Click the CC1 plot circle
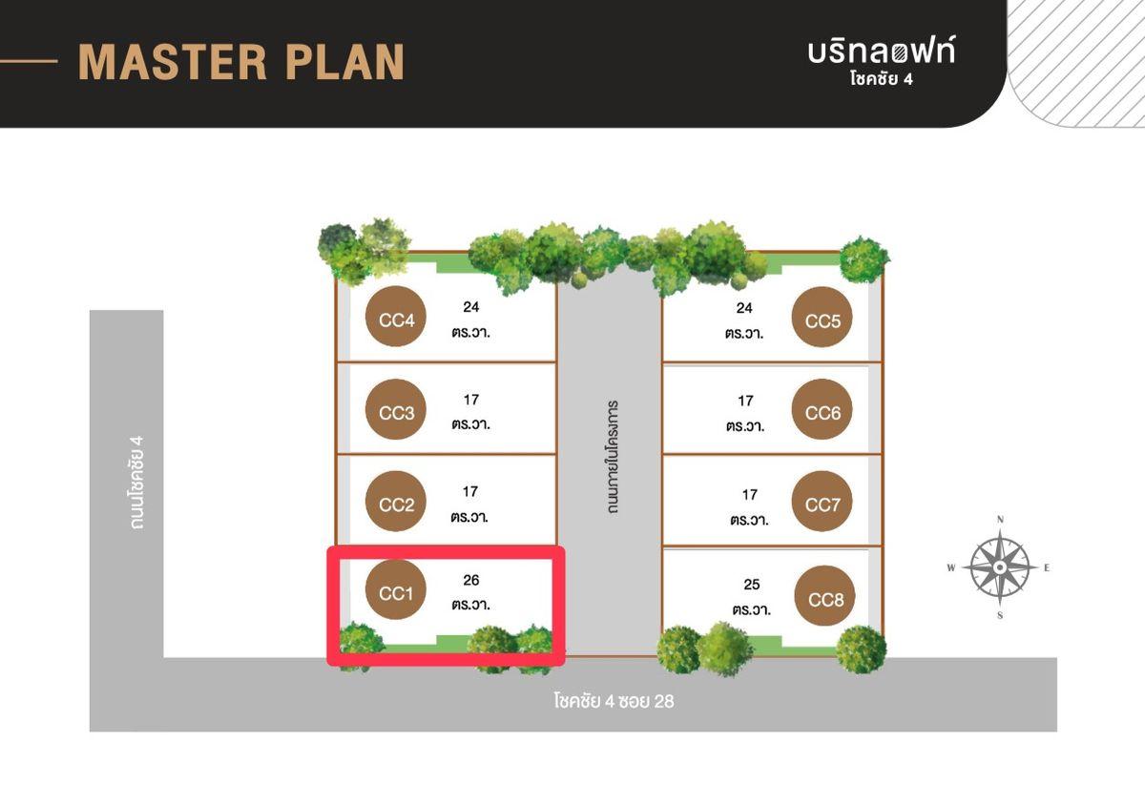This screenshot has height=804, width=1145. pyautogui.click(x=396, y=590)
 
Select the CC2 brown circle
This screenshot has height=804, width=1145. pyautogui.click(x=396, y=501)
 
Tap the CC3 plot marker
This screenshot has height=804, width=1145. pyautogui.click(x=396, y=409)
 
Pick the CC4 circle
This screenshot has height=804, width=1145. pyautogui.click(x=396, y=317)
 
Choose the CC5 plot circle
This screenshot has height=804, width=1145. pyautogui.click(x=822, y=318)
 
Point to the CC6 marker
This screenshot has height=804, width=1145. pyautogui.click(x=822, y=409)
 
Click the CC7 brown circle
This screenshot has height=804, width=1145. pyautogui.click(x=822, y=501)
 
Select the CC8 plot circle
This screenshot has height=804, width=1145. pyautogui.click(x=824, y=595)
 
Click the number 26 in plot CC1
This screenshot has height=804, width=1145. pyautogui.click(x=470, y=580)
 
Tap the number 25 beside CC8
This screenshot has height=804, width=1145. pyautogui.click(x=752, y=585)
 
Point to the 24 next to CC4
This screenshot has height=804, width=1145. pyautogui.click(x=470, y=307)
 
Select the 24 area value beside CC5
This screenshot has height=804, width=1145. pyautogui.click(x=744, y=308)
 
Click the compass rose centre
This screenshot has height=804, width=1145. pyautogui.click(x=1000, y=567)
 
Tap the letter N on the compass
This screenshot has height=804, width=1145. pyautogui.click(x=1000, y=520)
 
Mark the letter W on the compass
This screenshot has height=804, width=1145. pyautogui.click(x=951, y=567)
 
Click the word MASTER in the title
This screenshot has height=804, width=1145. pyautogui.click(x=173, y=62)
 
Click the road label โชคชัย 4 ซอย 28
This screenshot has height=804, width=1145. pyautogui.click(x=614, y=701)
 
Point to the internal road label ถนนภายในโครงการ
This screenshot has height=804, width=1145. pyautogui.click(x=613, y=457)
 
